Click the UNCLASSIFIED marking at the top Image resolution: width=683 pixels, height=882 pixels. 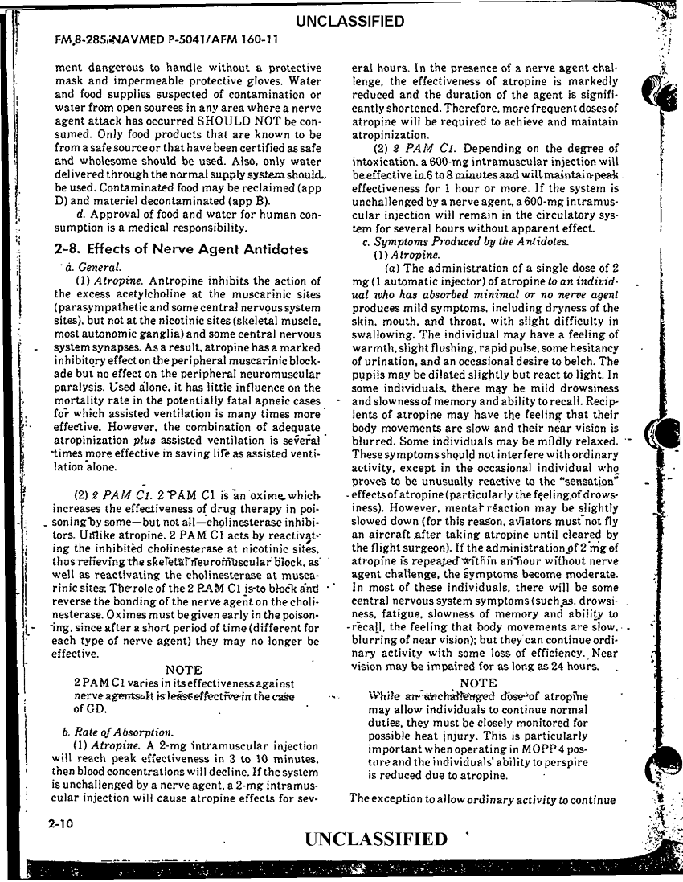pyautogui.click(x=350, y=21)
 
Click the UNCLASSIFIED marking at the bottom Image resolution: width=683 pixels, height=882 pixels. pyautogui.click(x=375, y=839)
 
